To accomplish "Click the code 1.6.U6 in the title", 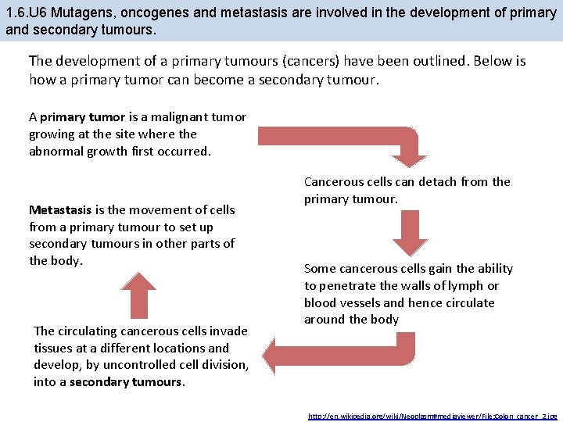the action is point(26,13).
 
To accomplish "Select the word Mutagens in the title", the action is point(80,13).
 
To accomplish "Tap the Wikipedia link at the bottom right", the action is point(432,414).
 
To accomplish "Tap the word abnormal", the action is point(56,152).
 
